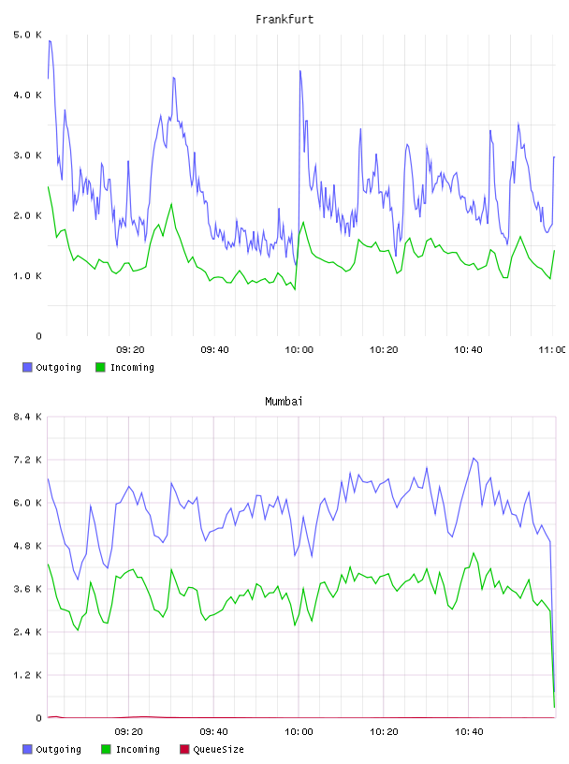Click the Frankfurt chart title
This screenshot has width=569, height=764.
284,20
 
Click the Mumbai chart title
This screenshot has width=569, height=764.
284,402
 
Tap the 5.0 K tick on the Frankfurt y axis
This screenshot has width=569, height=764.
28,35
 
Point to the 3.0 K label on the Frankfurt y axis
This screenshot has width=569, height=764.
28,155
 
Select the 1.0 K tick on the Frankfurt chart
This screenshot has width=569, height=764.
28,276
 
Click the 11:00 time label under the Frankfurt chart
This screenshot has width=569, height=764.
551,350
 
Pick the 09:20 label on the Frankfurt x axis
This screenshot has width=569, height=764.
130,350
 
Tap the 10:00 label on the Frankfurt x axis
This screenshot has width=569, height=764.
299,350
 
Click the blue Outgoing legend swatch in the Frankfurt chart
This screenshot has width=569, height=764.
27,367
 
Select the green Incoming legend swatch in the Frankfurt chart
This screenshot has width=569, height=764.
100,367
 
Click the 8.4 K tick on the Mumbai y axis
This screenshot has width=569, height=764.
28,417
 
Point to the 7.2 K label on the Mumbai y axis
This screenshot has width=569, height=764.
28,460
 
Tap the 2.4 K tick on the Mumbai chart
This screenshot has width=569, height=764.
28,632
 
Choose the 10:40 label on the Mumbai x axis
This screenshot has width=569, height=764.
469,732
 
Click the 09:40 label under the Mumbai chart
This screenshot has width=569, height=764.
214,732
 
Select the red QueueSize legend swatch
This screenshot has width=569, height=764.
184,749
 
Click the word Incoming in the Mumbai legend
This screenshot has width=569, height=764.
138,749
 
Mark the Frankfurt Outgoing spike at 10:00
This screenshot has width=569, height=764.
300,71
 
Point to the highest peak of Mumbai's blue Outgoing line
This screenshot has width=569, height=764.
473,458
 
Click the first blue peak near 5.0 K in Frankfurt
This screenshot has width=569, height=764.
50,41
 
